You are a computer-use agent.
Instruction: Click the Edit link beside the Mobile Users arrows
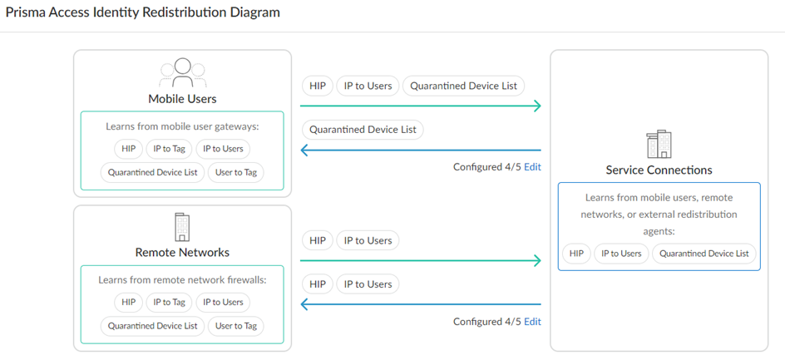click(x=532, y=167)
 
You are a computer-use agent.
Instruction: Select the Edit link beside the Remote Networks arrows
click(x=532, y=322)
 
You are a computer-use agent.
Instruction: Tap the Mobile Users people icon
click(x=183, y=72)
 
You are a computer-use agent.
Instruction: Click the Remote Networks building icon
click(x=182, y=227)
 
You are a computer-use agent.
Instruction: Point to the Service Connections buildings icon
click(x=659, y=144)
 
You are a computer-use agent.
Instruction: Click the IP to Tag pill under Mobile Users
click(x=169, y=149)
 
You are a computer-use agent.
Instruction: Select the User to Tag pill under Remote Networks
click(x=236, y=326)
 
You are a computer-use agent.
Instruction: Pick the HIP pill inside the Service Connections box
click(x=577, y=254)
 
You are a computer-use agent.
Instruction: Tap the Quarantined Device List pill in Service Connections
click(x=704, y=254)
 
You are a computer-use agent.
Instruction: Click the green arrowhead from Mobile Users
click(x=537, y=106)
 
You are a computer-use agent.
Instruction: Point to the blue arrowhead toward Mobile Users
click(x=304, y=150)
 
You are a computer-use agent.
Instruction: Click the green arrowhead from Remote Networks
click(x=537, y=260)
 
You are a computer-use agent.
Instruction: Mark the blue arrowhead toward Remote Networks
click(x=304, y=304)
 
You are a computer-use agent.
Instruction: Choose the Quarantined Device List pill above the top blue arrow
click(x=363, y=130)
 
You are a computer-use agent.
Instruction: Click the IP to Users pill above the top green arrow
click(x=368, y=86)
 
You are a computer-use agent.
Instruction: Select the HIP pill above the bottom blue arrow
click(x=318, y=284)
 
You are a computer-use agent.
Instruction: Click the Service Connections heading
click(x=659, y=170)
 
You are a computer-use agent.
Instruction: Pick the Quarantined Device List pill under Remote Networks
click(x=153, y=326)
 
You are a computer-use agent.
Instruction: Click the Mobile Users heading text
click(x=182, y=99)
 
